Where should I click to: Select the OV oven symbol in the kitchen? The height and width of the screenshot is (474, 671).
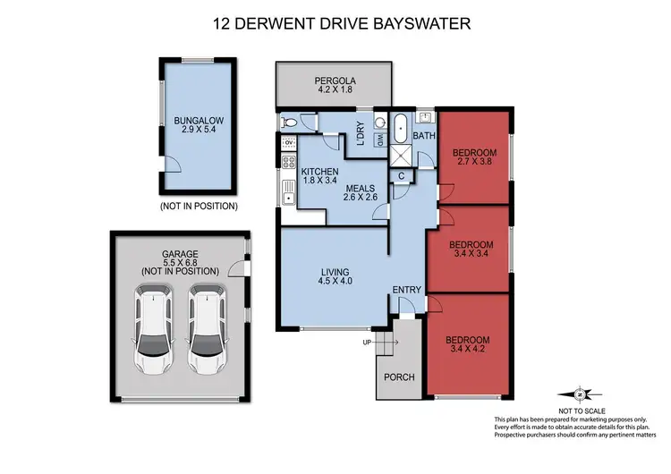click(289, 142)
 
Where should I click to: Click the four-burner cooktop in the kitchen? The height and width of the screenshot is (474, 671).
click(289, 162)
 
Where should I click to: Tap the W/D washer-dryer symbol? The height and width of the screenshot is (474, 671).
click(378, 140)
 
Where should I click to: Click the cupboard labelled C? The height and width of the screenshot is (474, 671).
click(402, 175)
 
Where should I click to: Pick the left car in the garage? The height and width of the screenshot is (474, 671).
click(153, 329)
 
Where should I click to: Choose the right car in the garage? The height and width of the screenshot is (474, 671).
click(207, 329)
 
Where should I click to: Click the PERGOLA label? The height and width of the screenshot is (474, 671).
click(334, 78)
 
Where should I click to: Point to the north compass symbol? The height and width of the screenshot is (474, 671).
click(581, 394)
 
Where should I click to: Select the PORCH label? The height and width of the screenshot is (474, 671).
click(398, 377)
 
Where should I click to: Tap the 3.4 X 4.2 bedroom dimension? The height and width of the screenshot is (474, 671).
click(469, 351)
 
